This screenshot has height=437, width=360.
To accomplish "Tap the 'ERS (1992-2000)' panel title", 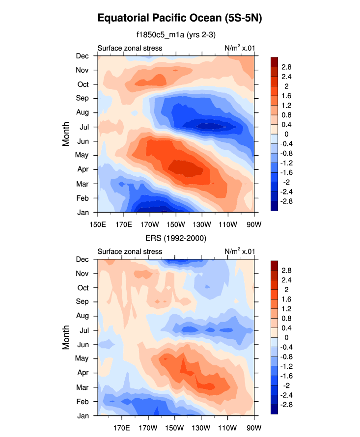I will pyautogui.click(x=175, y=238).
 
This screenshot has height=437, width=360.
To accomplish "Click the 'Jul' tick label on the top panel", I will pyautogui.click(x=83, y=127).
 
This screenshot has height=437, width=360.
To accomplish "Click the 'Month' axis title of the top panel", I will pyautogui.click(x=66, y=134).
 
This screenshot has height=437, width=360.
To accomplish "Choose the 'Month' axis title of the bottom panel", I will pyautogui.click(x=66, y=338).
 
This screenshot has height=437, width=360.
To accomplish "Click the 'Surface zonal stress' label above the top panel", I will pyautogui.click(x=130, y=48).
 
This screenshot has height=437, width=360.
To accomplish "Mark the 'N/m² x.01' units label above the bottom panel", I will pyautogui.click(x=239, y=251).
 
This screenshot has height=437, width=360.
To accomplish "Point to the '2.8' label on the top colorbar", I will pyautogui.click(x=287, y=67).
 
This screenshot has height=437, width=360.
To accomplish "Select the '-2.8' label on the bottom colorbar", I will pyautogui.click(x=288, y=405).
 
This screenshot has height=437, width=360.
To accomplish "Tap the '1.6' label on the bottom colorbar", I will pyautogui.click(x=287, y=299).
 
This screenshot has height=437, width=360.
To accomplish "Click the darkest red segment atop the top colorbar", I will pyautogui.click(x=275, y=61).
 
